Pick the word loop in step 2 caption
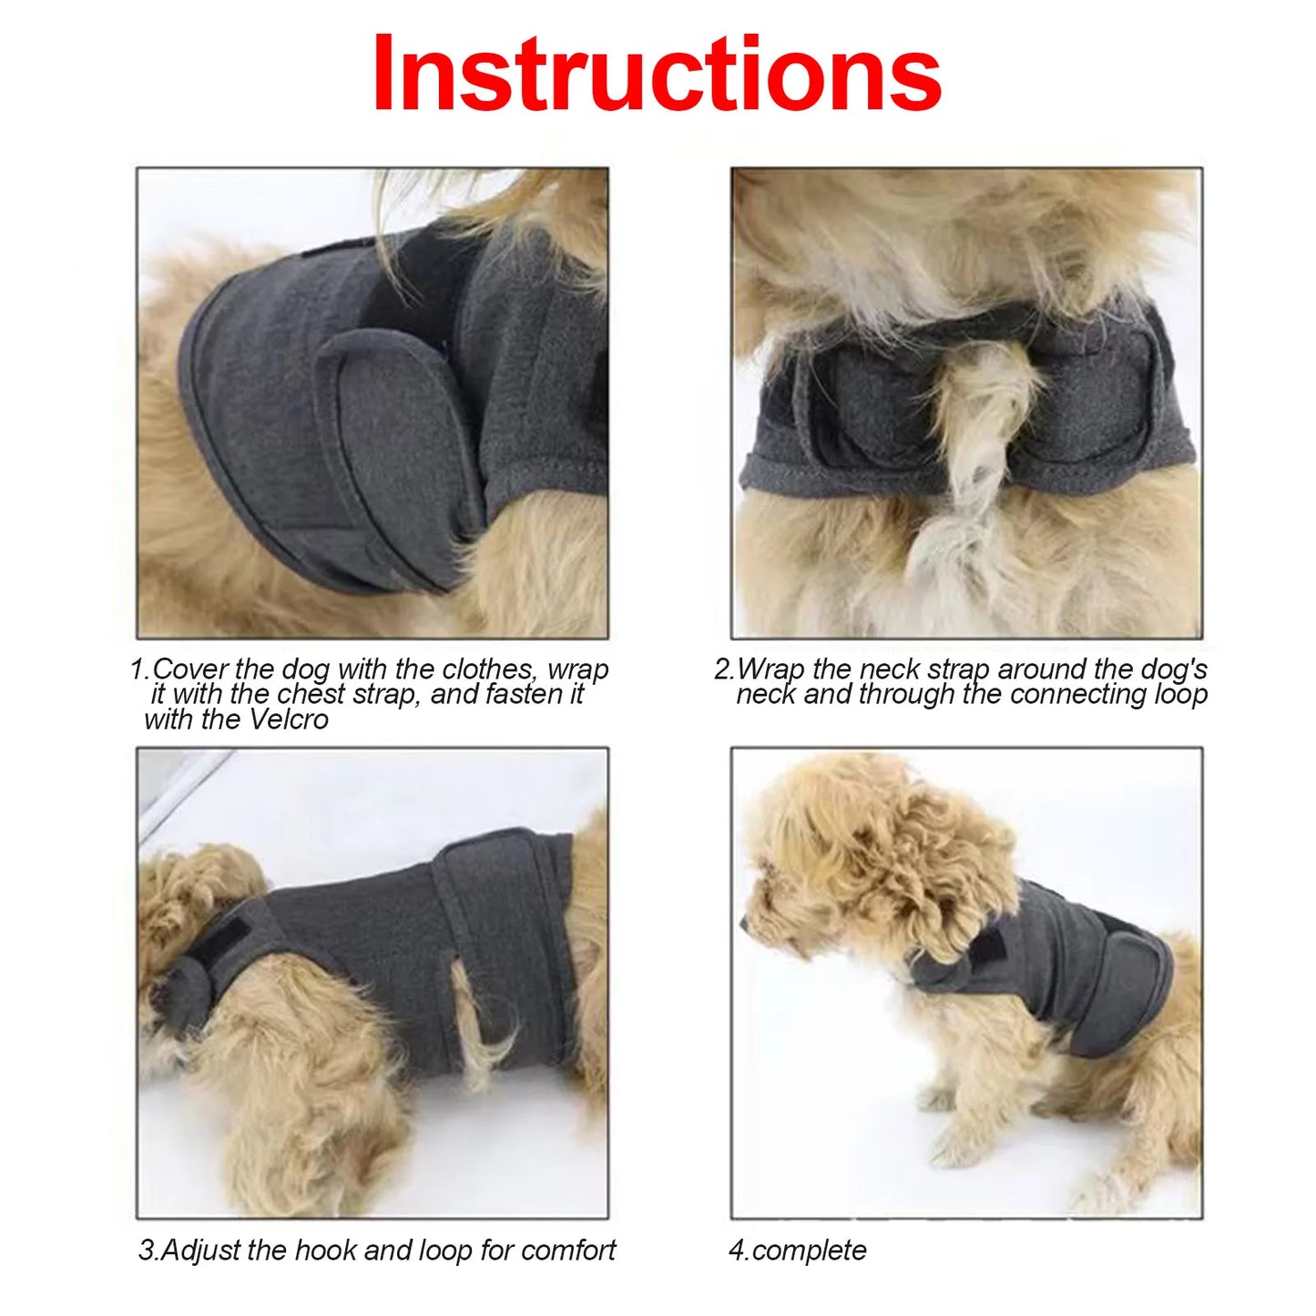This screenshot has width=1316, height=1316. pyautogui.click(x=1179, y=695)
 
